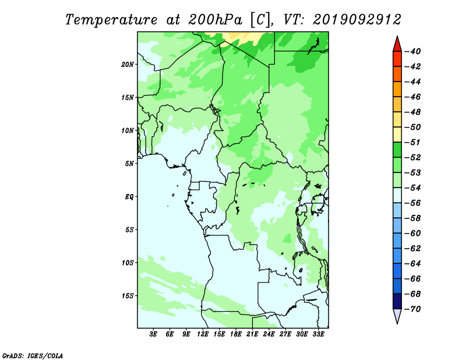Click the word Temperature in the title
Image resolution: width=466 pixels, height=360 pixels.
[x=111, y=20]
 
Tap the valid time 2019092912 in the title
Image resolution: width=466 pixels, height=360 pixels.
[x=357, y=20]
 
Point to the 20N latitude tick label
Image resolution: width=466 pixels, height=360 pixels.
[x=128, y=65]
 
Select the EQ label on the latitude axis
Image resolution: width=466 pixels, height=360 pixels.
[x=129, y=197]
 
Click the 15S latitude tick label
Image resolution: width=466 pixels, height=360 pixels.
[x=128, y=296]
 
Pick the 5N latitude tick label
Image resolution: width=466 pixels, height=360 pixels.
[x=129, y=164]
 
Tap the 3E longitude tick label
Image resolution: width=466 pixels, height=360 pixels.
[x=153, y=334]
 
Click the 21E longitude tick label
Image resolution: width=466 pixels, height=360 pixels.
[x=252, y=334]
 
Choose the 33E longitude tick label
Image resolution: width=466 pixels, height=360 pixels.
[x=318, y=334]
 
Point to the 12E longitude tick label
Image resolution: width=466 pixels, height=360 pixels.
[x=203, y=334]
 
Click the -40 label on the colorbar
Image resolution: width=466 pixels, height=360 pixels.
[x=413, y=51]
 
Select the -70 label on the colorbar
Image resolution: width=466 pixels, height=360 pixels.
[x=413, y=309]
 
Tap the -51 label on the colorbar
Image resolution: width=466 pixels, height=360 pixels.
[x=413, y=142]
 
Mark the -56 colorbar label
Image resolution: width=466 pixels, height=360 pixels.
[x=413, y=203]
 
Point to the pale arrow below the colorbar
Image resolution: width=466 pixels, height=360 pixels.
[x=397, y=315]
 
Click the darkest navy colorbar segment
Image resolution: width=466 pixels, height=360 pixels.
[x=397, y=301]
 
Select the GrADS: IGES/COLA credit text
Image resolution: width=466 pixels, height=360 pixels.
[x=33, y=355]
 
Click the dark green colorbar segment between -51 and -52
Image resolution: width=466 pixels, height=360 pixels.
[x=397, y=150]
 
